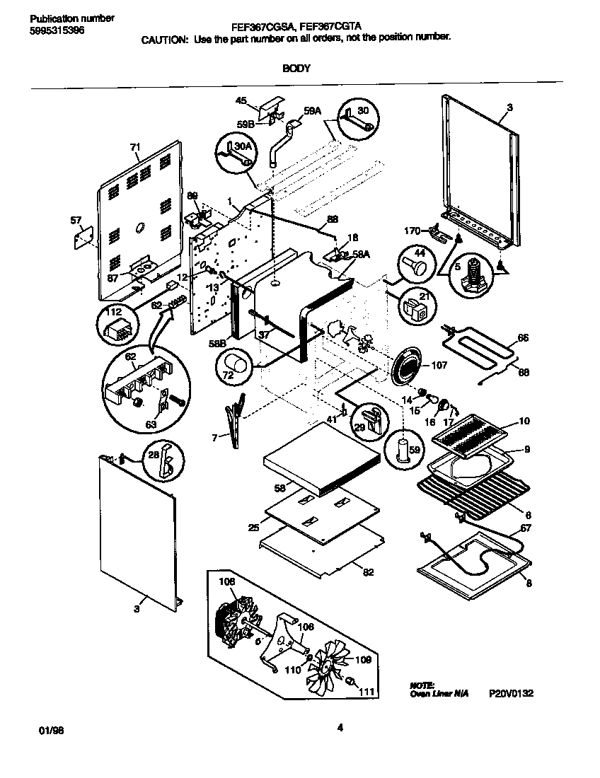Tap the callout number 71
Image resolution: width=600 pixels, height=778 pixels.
[x=135, y=147]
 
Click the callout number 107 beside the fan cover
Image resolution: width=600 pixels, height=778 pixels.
[x=438, y=366]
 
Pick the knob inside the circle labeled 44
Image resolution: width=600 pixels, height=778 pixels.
[x=415, y=267]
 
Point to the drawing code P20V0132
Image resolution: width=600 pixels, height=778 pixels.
[x=510, y=694]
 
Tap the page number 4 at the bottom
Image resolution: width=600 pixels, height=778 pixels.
[x=340, y=727]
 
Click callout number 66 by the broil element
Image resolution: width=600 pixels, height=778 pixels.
[x=522, y=337]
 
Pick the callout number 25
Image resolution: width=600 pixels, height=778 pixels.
[x=254, y=528]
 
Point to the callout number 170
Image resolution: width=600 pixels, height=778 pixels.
[x=412, y=230]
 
